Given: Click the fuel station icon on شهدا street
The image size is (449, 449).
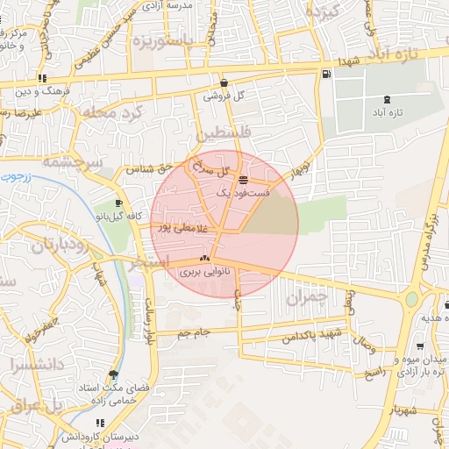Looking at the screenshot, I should pyautogui.click(x=326, y=75).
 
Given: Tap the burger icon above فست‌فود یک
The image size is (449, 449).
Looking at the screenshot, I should pyautogui.click(x=243, y=179).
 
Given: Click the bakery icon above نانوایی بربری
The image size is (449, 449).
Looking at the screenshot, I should pyautogui.click(x=204, y=259).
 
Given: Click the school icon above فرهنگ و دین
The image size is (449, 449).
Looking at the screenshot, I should pyautogui.click(x=42, y=79).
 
